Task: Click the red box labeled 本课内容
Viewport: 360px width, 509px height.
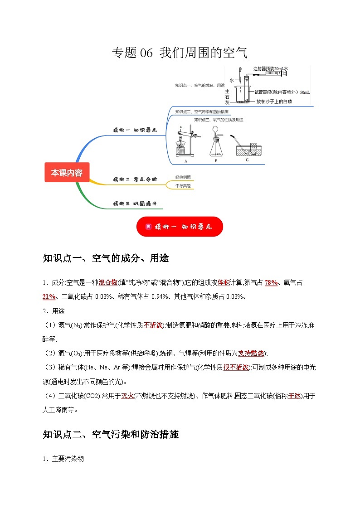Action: [x=67, y=173]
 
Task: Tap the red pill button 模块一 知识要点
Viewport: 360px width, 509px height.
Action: [x=180, y=226]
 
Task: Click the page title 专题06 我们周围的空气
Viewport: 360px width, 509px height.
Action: [x=180, y=53]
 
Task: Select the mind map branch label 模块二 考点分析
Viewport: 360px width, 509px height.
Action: [x=135, y=179]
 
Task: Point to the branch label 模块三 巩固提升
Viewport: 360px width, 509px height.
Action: [x=135, y=204]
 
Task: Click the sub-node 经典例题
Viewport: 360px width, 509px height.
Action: [x=183, y=177]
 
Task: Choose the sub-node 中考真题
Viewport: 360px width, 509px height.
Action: [x=183, y=186]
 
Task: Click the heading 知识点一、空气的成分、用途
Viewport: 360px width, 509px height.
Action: [x=106, y=258]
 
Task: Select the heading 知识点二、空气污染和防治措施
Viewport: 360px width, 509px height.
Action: [x=111, y=435]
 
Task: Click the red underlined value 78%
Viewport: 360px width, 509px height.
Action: [x=271, y=283]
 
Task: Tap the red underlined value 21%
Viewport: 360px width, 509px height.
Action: [x=49, y=296]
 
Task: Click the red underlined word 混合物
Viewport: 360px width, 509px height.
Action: [x=107, y=283]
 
